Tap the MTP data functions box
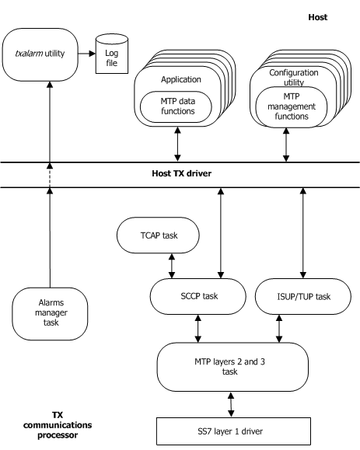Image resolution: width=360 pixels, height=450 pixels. [178, 106]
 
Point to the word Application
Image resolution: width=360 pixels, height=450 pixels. [180, 79]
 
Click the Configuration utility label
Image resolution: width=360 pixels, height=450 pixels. [287, 76]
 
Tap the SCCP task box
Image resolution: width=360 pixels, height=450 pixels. [197, 296]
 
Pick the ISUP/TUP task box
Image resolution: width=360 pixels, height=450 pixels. [301, 296]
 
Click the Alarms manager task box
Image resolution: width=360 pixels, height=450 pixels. [50, 312]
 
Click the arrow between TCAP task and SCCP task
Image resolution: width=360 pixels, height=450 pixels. [171, 264]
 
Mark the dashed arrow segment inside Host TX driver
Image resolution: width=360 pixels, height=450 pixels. [50, 176]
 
